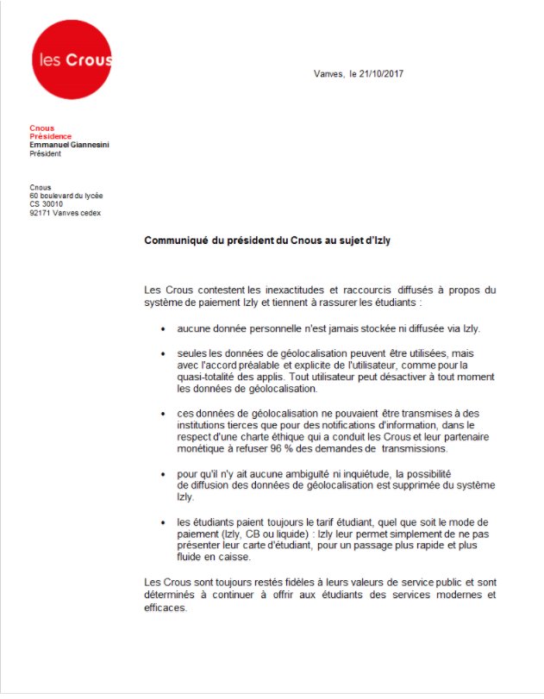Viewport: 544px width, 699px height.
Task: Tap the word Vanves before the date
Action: [x=328, y=74]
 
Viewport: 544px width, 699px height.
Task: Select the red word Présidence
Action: [x=50, y=136]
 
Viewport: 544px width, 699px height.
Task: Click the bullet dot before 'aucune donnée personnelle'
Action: [x=163, y=329]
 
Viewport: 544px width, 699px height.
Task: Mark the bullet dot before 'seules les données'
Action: [x=163, y=354]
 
